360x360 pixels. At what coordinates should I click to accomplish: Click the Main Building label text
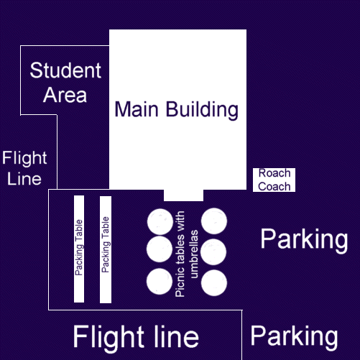[177, 109]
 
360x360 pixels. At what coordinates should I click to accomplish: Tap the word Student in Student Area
[65, 70]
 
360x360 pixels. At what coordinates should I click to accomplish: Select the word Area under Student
[65, 95]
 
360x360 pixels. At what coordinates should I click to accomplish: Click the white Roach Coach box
[274, 180]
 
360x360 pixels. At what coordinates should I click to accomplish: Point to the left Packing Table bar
[79, 249]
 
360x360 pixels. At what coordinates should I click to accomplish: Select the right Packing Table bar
[106, 249]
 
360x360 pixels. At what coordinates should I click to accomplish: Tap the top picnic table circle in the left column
[160, 221]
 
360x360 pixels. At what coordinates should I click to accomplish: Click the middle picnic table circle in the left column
[160, 249]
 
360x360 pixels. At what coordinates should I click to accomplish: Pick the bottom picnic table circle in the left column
[160, 282]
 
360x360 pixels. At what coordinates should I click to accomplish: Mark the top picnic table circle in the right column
[214, 221]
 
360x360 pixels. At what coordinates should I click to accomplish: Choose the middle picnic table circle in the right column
[213, 252]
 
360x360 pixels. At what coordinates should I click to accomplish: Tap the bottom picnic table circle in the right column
[214, 283]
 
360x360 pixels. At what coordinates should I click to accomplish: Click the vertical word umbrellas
[194, 254]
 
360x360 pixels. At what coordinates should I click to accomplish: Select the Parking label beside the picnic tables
[304, 239]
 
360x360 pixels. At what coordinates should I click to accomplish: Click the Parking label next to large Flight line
[294, 337]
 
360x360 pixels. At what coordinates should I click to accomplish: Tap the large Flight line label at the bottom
[136, 336]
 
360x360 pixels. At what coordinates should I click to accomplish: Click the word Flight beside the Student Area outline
[24, 158]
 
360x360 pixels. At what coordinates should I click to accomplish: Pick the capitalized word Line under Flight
[24, 179]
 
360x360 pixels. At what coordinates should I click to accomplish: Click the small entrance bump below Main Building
[184, 195]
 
